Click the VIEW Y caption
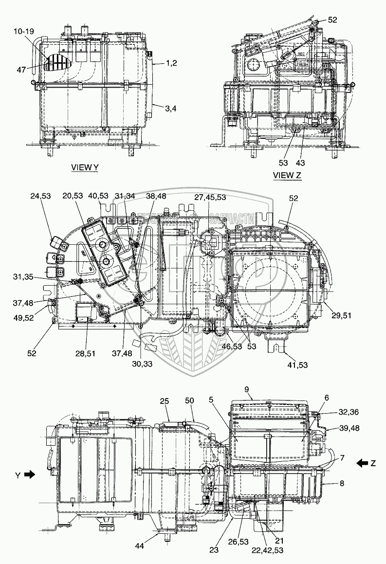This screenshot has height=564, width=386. click(x=85, y=167)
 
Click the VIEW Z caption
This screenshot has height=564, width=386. click(x=287, y=175)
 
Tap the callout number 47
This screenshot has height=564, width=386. click(x=21, y=70)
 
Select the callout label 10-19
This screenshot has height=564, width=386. click(x=23, y=32)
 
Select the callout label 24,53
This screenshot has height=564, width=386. click(x=41, y=196)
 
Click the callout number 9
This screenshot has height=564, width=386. click(x=246, y=389)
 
